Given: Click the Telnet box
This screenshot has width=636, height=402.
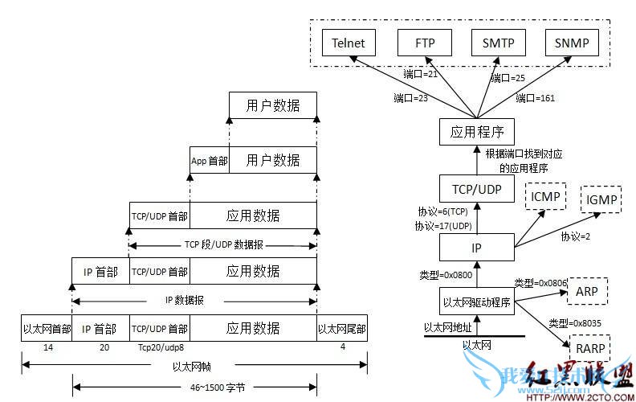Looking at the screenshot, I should [x=348, y=43].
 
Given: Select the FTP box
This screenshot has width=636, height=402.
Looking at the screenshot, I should [x=425, y=43].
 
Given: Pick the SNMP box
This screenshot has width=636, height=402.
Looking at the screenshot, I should [x=571, y=43].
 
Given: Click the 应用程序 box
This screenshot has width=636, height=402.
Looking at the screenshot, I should [x=477, y=132].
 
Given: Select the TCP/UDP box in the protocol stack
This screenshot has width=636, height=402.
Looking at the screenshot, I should [x=477, y=189].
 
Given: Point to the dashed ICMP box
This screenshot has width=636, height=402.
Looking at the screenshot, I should [x=546, y=195].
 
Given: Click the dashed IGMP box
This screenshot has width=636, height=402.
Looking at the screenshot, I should [x=602, y=199].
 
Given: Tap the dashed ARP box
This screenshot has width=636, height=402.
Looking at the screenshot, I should [x=587, y=291].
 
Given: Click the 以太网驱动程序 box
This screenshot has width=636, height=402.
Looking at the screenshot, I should [x=477, y=302].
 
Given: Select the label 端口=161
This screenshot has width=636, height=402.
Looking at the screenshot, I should [x=536, y=98].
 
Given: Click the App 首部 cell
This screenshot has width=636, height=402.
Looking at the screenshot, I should [x=209, y=161].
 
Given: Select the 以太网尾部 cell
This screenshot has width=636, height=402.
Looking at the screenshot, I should [x=342, y=328].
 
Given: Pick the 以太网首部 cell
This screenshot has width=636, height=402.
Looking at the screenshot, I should [x=47, y=328].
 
